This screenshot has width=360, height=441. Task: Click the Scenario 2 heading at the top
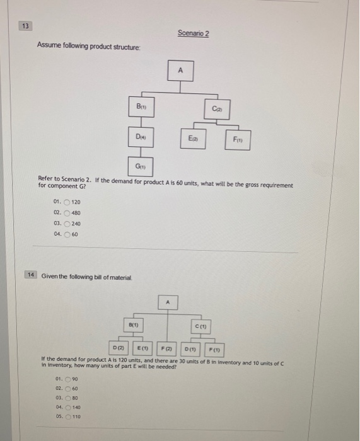click(193, 33)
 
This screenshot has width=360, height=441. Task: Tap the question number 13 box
click(25, 26)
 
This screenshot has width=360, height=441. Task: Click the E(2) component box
click(193, 137)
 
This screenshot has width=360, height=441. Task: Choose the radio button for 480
click(67, 212)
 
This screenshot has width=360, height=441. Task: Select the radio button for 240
click(67, 224)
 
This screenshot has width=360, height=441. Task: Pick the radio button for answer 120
click(67, 202)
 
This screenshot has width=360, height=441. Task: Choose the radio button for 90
click(67, 379)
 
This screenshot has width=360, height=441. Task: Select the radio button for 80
click(67, 399)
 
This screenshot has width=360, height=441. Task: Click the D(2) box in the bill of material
click(118, 347)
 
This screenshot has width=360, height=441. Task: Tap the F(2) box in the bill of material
click(166, 347)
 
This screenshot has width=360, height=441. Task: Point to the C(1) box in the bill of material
click(201, 326)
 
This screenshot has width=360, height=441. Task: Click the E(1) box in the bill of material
click(142, 347)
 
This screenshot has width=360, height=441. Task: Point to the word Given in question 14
click(50, 275)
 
